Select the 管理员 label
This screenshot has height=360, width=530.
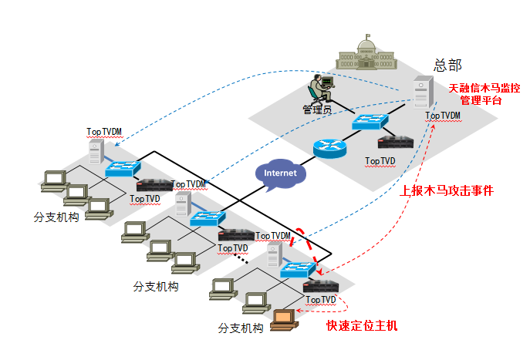(x=317, y=109)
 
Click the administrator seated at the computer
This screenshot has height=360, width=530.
(x=319, y=88)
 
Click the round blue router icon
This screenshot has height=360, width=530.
(x=330, y=147)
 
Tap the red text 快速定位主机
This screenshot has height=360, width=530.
(x=362, y=325)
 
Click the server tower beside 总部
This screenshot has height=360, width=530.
(x=421, y=94)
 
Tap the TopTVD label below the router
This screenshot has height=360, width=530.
(x=380, y=161)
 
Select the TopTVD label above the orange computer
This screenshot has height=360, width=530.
(x=321, y=299)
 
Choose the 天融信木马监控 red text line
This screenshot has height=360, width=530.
(x=484, y=88)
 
